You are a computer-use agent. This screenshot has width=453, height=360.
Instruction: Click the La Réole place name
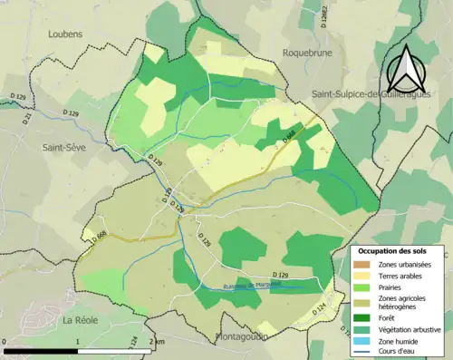point(80,320)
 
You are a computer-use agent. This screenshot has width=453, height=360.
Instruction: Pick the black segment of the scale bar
point(41,350)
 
